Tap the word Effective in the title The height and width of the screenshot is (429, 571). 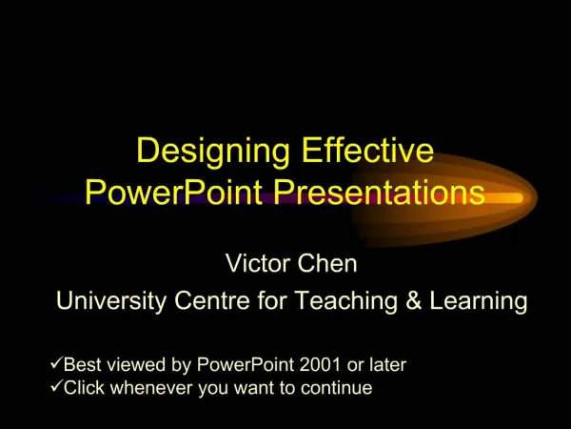(x=367, y=150)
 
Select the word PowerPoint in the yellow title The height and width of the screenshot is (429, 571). (x=174, y=192)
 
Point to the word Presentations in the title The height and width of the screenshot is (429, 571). (x=379, y=192)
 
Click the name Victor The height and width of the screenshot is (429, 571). (x=258, y=263)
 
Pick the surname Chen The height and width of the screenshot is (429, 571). (x=327, y=263)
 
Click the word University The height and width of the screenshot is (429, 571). (x=111, y=301)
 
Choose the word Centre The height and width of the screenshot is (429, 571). (x=212, y=300)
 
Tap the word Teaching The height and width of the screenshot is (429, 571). (x=346, y=301)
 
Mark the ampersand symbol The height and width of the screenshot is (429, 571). (x=414, y=300)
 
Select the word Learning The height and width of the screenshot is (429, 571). (x=479, y=301)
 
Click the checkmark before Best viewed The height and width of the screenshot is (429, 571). (x=56, y=363)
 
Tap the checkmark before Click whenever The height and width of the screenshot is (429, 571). (x=56, y=386)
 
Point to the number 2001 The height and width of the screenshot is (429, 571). (x=320, y=364)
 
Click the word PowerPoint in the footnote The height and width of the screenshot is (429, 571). (x=246, y=364)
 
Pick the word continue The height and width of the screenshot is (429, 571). (x=337, y=387)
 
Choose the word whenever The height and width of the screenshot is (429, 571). (x=154, y=387)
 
